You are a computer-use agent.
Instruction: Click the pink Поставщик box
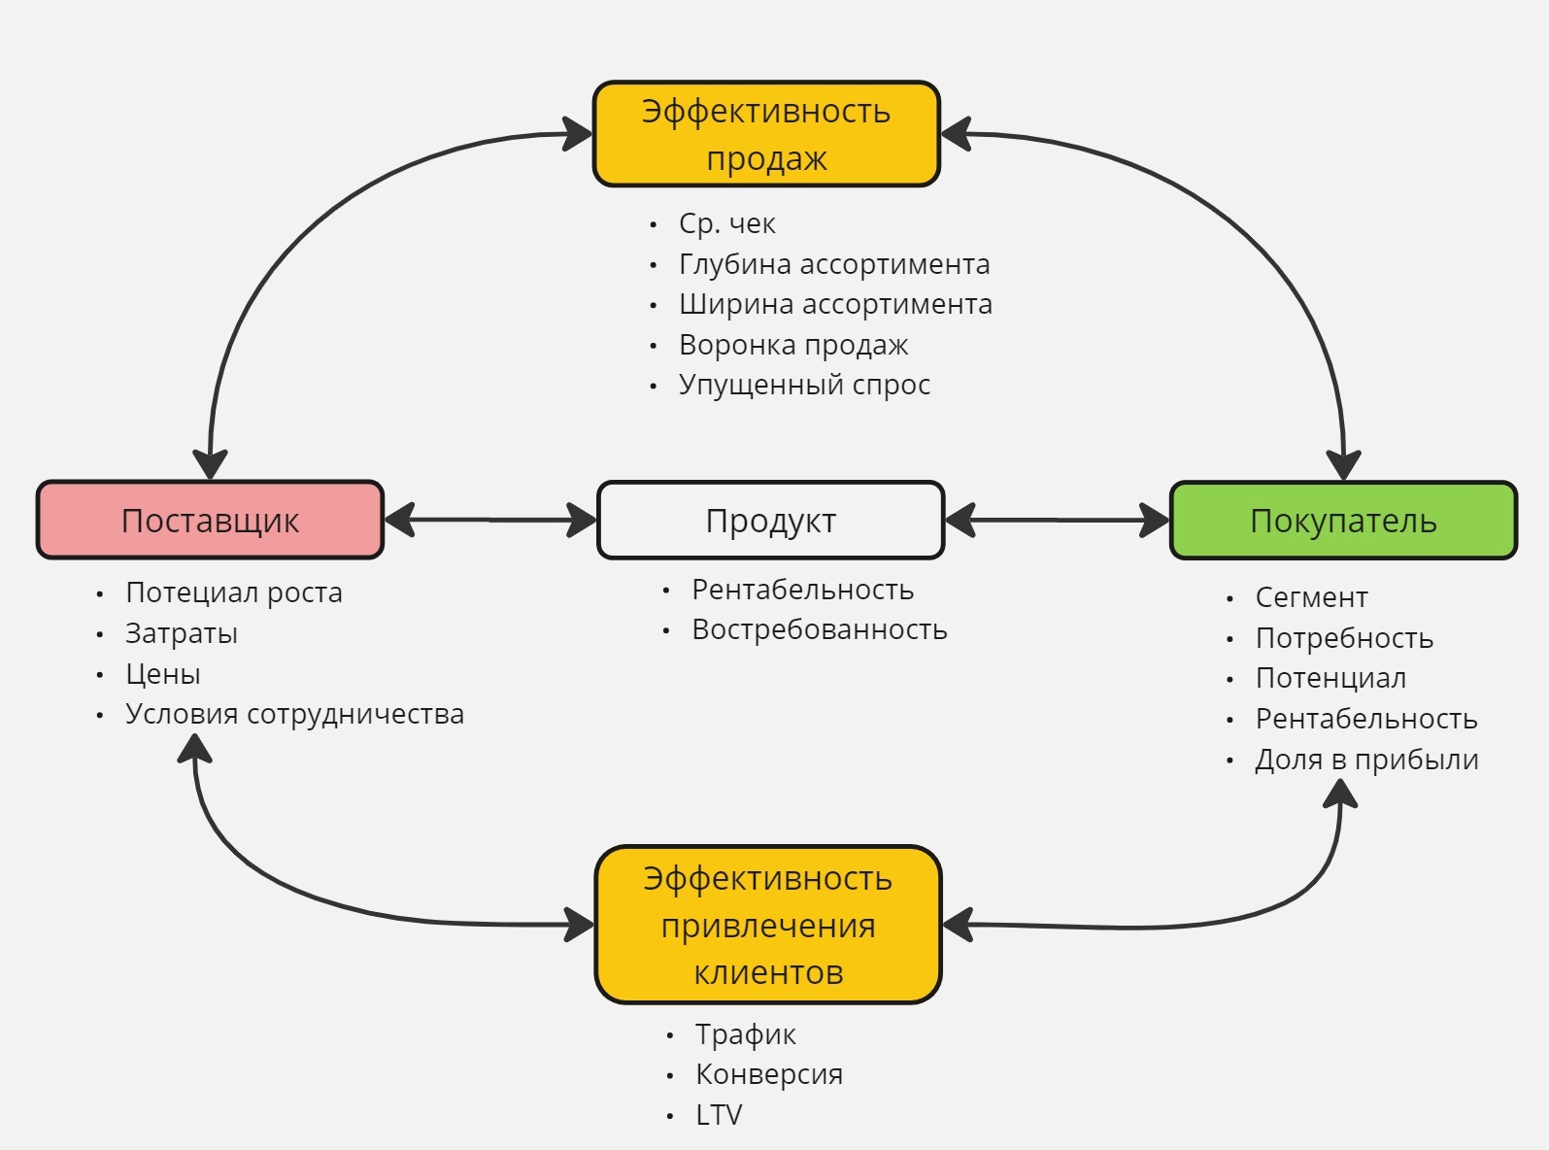(x=210, y=521)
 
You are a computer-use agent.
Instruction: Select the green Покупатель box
(x=1343, y=521)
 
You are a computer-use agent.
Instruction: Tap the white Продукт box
(x=770, y=521)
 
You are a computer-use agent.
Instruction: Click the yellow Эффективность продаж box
(x=766, y=134)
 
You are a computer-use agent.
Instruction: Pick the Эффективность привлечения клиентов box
(x=768, y=925)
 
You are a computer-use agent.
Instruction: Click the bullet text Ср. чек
(x=726, y=223)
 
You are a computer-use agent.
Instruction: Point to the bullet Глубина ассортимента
(x=834, y=264)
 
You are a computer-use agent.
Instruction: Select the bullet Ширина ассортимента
(x=835, y=304)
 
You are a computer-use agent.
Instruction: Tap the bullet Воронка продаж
(x=793, y=345)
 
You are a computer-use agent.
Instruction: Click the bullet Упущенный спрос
(x=804, y=385)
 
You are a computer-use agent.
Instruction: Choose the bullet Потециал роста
(x=233, y=592)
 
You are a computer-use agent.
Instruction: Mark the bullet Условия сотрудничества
(x=294, y=714)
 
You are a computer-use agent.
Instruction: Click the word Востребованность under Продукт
(x=819, y=629)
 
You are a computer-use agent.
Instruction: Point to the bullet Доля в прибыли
(x=1366, y=760)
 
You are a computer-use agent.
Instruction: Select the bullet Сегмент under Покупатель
(x=1311, y=597)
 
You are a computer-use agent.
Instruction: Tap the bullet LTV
(x=719, y=1115)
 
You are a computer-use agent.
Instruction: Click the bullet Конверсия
(x=769, y=1074)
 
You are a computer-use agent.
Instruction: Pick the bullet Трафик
(x=745, y=1034)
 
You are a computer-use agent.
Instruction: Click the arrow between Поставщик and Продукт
(x=490, y=521)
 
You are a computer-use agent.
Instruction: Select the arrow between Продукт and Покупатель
(x=1057, y=521)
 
